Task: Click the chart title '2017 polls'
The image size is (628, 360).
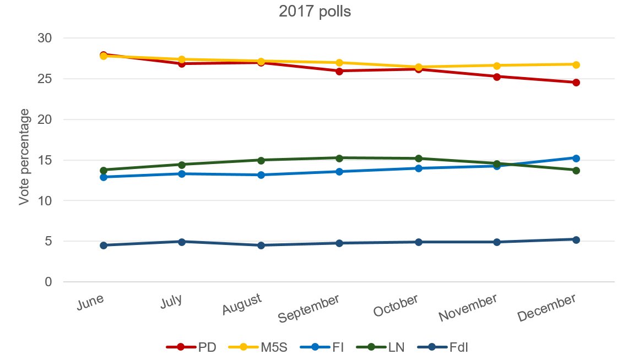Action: [x=315, y=12]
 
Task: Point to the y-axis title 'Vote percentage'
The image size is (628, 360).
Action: [x=24, y=158]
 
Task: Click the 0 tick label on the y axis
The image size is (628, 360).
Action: [x=48, y=282]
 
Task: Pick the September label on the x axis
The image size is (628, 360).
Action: [x=308, y=308]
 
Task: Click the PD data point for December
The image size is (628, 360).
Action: [x=576, y=83]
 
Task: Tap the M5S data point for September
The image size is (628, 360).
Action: [x=339, y=63]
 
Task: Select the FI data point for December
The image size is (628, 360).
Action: [x=576, y=158]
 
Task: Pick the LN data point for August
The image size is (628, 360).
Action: [x=261, y=160]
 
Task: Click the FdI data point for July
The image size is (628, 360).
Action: [x=182, y=242]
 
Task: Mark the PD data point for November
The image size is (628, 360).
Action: [x=497, y=77]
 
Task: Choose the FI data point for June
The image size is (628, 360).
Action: [x=103, y=177]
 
